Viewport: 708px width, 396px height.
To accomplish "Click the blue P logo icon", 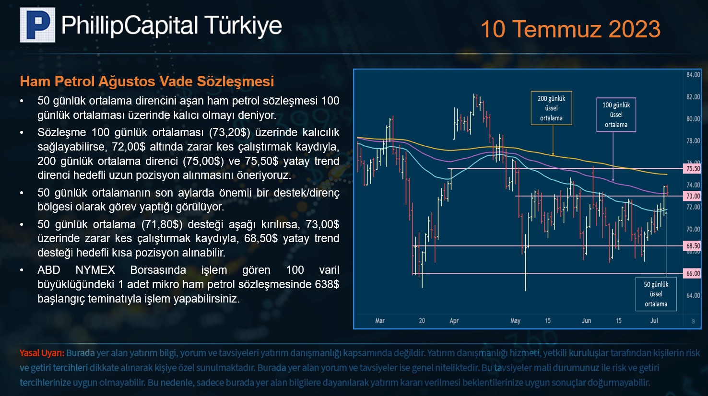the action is [x=37, y=25].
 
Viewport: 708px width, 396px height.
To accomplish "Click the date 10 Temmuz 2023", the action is [x=570, y=29].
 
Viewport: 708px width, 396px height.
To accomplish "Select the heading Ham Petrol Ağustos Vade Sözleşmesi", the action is [x=147, y=82].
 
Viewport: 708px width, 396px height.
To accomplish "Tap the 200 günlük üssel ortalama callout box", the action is [x=551, y=108].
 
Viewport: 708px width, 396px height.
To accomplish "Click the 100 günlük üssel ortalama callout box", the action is [x=616, y=115].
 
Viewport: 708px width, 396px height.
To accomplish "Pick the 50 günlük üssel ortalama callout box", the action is [x=656, y=294].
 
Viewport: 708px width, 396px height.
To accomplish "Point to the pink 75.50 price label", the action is [x=693, y=169].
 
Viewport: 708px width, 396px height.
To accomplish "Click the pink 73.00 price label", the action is [x=693, y=196].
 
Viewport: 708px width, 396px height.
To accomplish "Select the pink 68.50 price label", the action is [x=693, y=245].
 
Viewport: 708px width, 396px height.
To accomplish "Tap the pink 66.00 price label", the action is [x=693, y=273].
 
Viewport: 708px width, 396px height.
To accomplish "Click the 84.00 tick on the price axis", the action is [x=693, y=75].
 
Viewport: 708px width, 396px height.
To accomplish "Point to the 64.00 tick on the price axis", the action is [x=693, y=296].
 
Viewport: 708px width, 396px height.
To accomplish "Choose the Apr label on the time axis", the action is [x=454, y=321].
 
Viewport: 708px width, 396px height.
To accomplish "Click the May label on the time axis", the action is [x=515, y=321].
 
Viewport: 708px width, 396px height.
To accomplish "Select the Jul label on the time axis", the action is [x=654, y=321].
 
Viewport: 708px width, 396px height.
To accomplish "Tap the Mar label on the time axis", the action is [x=380, y=321].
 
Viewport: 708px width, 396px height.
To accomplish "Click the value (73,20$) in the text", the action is [x=229, y=133].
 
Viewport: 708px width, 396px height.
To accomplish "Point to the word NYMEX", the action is [x=95, y=270].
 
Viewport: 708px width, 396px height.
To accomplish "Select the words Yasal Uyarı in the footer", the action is [x=42, y=353].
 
